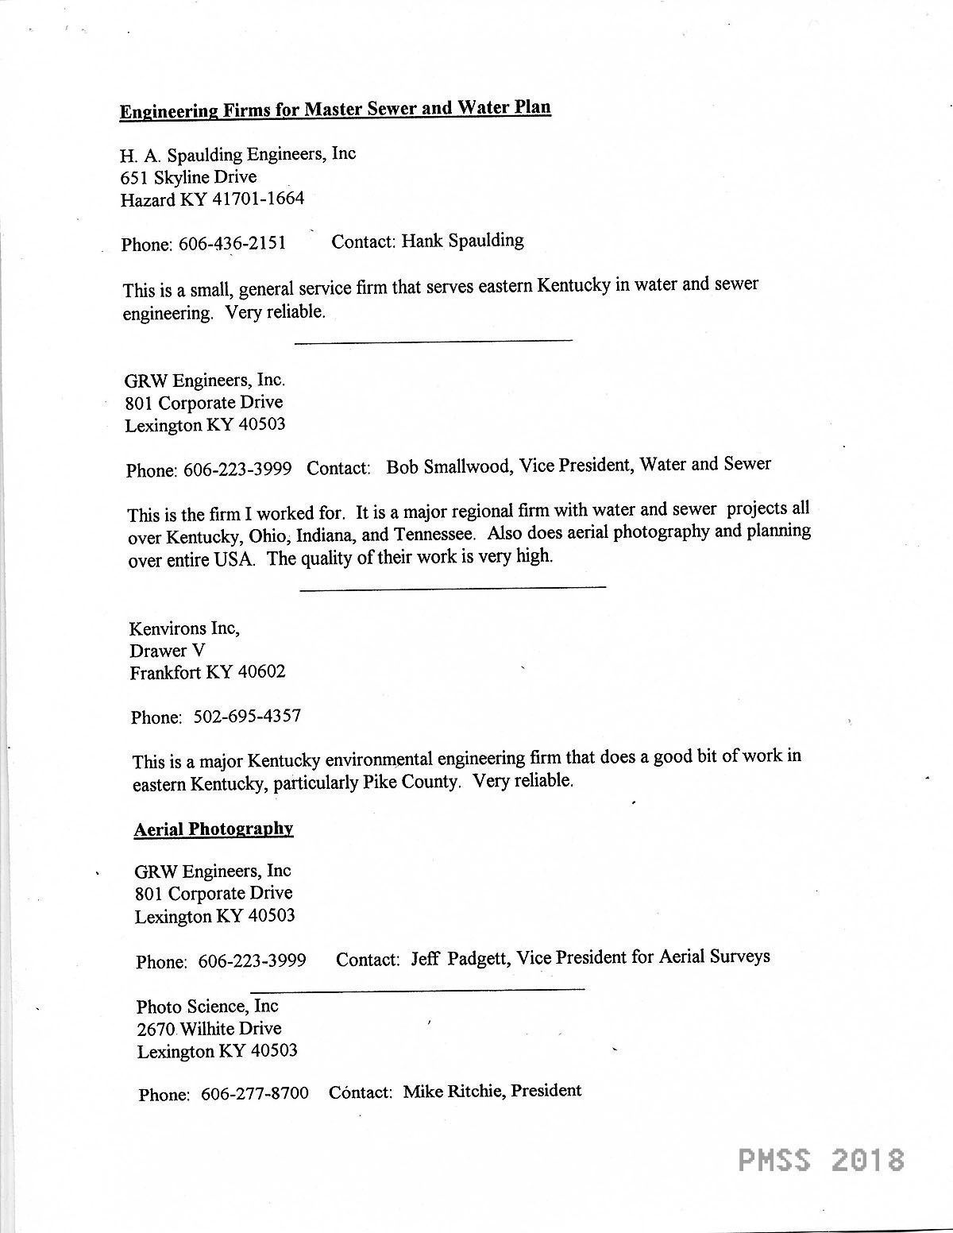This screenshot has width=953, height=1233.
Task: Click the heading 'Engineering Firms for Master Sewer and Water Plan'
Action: click(335, 109)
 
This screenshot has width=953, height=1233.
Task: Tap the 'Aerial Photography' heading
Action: click(214, 829)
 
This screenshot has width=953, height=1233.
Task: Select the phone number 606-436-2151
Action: click(232, 243)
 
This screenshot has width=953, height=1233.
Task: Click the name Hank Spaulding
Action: click(462, 240)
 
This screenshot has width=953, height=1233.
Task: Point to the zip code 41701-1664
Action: click(257, 199)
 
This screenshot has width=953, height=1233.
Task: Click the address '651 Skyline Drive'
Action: click(188, 176)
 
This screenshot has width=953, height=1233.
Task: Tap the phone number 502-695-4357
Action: click(247, 716)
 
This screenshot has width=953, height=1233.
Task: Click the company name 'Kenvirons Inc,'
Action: click(184, 628)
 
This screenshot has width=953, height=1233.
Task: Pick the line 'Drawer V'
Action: click(167, 650)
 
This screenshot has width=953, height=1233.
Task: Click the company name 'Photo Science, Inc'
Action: click(207, 1007)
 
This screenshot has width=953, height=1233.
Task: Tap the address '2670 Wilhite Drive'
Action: click(209, 1029)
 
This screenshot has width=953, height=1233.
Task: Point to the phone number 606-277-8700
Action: click(255, 1093)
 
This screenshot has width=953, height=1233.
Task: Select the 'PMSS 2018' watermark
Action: click(821, 1160)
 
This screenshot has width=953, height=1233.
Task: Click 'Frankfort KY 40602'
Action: click(207, 672)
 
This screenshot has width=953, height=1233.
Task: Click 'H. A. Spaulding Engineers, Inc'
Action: click(237, 153)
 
